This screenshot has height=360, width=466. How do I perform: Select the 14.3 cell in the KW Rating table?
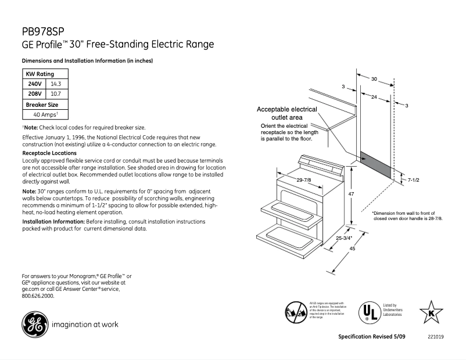pyautogui.click(x=56, y=84)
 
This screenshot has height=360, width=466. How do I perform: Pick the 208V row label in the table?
pyautogui.click(x=35, y=93)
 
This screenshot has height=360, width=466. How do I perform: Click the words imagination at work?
pyautogui.click(x=85, y=325)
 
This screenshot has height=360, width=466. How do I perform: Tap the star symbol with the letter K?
pyautogui.click(x=431, y=311)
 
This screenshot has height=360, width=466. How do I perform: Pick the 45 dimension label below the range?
pyautogui.click(x=353, y=249)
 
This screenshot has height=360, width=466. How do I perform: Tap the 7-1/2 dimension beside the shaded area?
pyautogui.click(x=413, y=181)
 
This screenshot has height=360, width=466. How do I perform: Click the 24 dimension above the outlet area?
pyautogui.click(x=374, y=96)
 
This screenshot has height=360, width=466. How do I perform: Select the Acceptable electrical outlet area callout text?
pyautogui.click(x=286, y=113)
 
